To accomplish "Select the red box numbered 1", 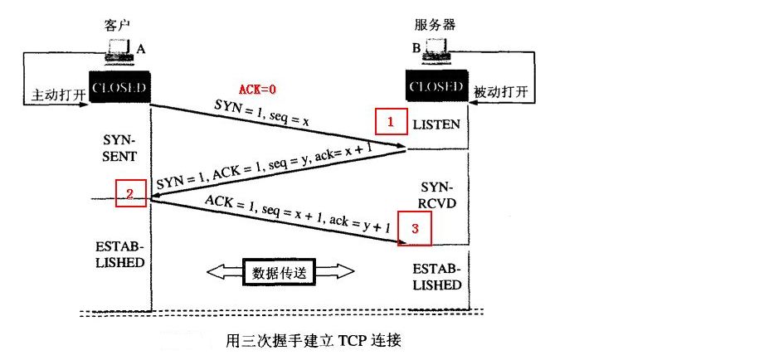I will (x=390, y=122).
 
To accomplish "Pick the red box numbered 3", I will (x=415, y=229).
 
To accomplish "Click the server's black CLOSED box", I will (x=435, y=86).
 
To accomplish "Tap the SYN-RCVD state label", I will (x=436, y=195).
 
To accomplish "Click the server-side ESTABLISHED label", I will (x=436, y=277).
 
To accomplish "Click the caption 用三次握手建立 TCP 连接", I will (x=318, y=340).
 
